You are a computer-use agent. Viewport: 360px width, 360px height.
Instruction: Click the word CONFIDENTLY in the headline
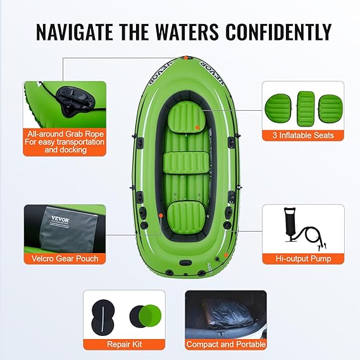pyautogui.click(x=278, y=32)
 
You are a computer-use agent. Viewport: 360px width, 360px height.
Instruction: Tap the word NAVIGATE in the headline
pyautogui.click(x=74, y=32)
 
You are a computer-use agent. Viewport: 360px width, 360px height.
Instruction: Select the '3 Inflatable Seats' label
pyautogui.click(x=303, y=135)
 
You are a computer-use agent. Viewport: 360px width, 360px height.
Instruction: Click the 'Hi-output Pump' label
pyautogui.click(x=303, y=259)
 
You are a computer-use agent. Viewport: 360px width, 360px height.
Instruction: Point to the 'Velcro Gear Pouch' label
pyautogui.click(x=65, y=259)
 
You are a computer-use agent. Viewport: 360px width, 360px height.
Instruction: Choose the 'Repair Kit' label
pyautogui.click(x=124, y=344)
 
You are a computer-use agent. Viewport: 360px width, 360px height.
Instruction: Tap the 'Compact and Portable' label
pyautogui.click(x=226, y=344)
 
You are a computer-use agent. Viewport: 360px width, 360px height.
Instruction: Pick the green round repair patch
pyautogui.click(x=150, y=316)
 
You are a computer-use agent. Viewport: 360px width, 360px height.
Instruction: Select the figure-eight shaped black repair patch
pyautogui.click(x=103, y=317)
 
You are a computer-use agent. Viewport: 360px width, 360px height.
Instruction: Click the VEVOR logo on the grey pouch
pyautogui.click(x=60, y=219)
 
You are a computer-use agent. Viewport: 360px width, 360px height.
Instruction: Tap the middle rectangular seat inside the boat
pyautogui.click(x=186, y=163)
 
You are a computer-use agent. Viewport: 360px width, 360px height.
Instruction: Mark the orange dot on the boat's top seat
pyautogui.click(x=197, y=127)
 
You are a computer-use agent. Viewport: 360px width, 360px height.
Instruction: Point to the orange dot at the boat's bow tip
pyautogui.click(x=186, y=58)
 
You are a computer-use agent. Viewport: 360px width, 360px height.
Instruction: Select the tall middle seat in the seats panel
pyautogui.click(x=306, y=109)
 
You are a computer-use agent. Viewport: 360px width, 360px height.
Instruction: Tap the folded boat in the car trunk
pyautogui.click(x=226, y=313)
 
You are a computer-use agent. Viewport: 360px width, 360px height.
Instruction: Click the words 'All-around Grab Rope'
pyautogui.click(x=65, y=133)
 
